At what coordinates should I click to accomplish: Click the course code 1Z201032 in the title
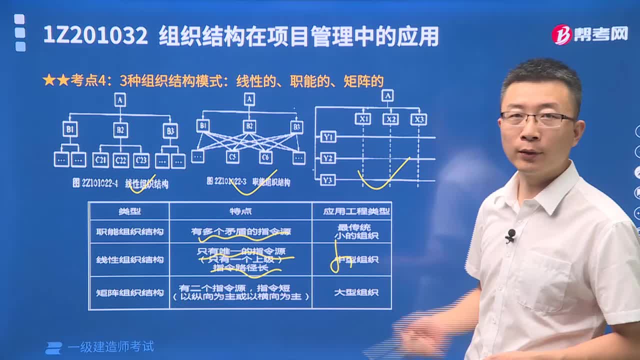[95, 36]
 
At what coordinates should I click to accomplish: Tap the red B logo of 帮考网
[561, 34]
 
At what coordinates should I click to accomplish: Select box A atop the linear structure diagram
[119, 100]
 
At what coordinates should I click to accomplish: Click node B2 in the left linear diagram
[120, 130]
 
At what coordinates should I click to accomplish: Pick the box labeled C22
[120, 160]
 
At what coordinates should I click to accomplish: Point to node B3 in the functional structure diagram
[296, 126]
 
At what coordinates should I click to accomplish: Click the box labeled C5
[232, 157]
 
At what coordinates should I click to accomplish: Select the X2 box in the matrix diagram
[390, 119]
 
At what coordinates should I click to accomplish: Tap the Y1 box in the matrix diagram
[327, 136]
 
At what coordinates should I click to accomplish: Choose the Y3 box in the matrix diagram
[327, 179]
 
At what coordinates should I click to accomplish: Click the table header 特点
[240, 211]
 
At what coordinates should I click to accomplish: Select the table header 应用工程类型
[356, 211]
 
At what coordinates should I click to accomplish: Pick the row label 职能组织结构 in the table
[129, 231]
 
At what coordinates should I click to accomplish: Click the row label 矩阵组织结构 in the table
[129, 292]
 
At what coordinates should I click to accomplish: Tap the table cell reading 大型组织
[356, 292]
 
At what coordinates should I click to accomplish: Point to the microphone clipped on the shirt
[510, 235]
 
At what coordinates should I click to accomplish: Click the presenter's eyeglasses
[536, 118]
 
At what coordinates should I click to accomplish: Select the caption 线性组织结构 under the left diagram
[146, 184]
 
